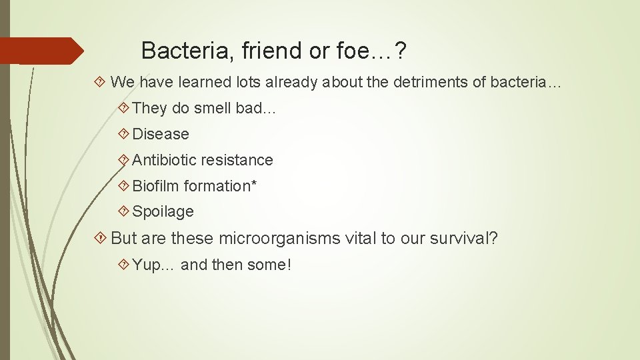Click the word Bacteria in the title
(x=175, y=50)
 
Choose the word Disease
(x=161, y=134)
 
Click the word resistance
(x=237, y=160)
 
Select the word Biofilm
(x=156, y=186)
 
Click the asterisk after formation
(x=253, y=183)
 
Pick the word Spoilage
(x=163, y=212)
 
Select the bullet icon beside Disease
(x=123, y=134)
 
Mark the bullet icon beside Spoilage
(x=123, y=212)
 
